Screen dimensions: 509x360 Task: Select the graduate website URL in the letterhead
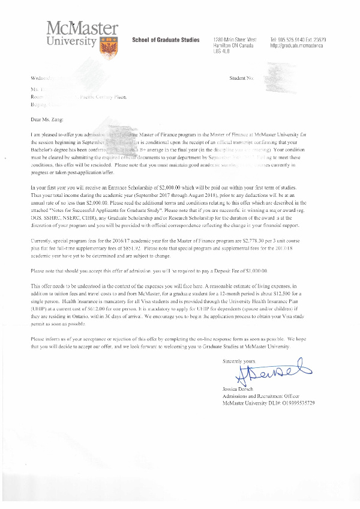pos(297,45)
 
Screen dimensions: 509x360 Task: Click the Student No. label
pos(242,79)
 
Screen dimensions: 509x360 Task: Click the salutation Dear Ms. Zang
pos(46,119)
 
